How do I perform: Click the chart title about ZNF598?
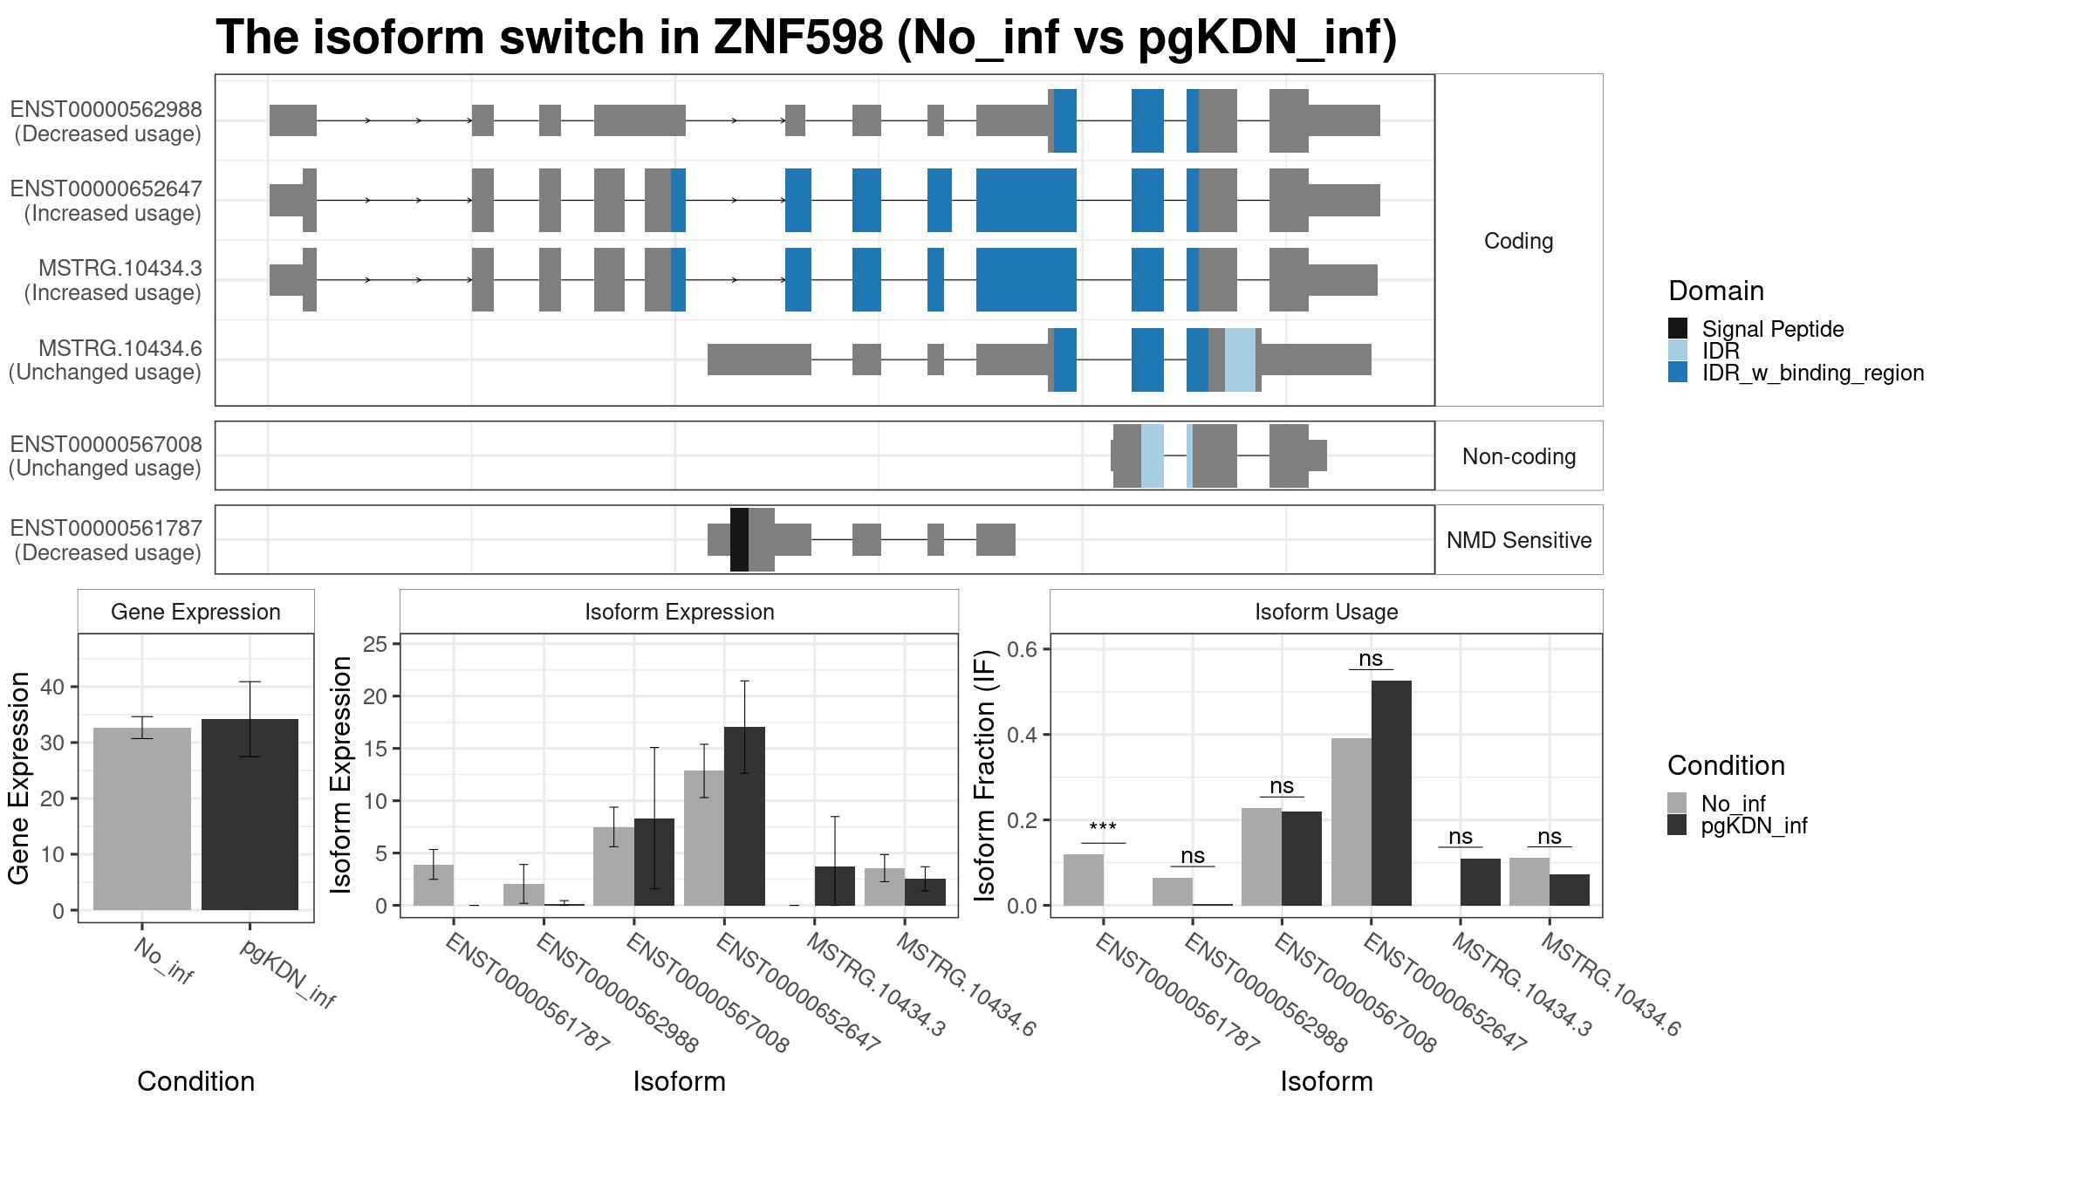(806, 38)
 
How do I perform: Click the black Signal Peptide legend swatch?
(1678, 328)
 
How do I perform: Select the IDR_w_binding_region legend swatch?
(1678, 372)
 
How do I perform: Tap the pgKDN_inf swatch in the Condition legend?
(1677, 825)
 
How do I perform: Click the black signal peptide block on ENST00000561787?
(739, 539)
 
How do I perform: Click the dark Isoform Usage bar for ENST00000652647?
(1391, 793)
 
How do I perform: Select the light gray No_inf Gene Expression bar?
(142, 818)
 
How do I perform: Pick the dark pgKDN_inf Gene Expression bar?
(250, 814)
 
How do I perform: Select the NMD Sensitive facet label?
(1519, 540)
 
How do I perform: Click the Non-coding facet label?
(1519, 456)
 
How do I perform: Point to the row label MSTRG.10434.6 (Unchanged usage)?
(106, 360)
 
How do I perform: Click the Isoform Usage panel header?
(1326, 612)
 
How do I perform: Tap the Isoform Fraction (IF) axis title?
(985, 776)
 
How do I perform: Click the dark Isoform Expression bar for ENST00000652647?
(744, 816)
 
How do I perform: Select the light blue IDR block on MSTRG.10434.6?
(1240, 360)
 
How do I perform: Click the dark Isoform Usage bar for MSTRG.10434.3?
(1481, 882)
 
